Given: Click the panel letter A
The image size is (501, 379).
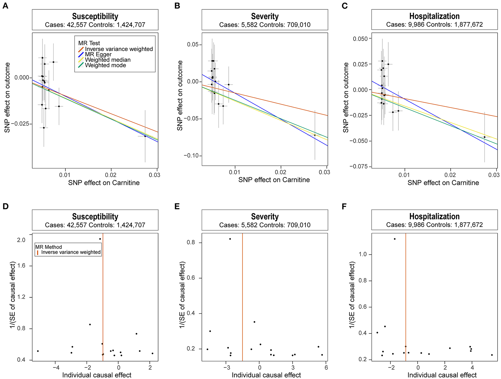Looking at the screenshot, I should pyautogui.click(x=5, y=6).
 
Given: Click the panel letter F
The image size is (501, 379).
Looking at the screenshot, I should pyautogui.click(x=344, y=206).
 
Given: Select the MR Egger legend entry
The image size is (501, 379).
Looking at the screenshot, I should pyautogui.click(x=98, y=54).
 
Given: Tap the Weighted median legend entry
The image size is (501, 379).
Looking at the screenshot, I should pyautogui.click(x=107, y=60).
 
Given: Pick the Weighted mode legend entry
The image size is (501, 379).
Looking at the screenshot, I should pyautogui.click(x=105, y=65).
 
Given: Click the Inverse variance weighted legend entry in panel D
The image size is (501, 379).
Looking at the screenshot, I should pyautogui.click(x=71, y=252).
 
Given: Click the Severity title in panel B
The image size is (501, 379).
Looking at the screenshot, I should pyautogui.click(x=265, y=16).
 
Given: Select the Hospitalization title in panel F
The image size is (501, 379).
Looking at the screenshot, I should pyautogui.click(x=434, y=216).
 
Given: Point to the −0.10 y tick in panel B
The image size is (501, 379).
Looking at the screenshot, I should pyautogui.click(x=191, y=156).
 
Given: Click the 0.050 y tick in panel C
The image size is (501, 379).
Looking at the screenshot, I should pyautogui.click(x=360, y=39).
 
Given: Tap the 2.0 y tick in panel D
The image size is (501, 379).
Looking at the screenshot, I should pyautogui.click(x=21, y=240).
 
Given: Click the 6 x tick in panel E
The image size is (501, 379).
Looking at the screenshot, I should pyautogui.click(x=326, y=368).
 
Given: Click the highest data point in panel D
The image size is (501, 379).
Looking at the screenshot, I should pyautogui.click(x=100, y=239).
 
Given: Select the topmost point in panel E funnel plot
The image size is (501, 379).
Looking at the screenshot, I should pyautogui.click(x=230, y=239).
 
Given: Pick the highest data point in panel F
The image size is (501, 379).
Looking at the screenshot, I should pyautogui.click(x=395, y=239).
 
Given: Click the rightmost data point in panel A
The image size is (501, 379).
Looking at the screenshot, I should pyautogui.click(x=145, y=136).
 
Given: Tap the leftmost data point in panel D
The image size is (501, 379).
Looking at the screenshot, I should pyautogui.click(x=38, y=351).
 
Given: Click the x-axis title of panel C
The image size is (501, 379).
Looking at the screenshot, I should pyautogui.click(x=443, y=183).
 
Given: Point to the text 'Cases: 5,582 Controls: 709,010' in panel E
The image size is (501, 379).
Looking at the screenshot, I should pyautogui.click(x=265, y=225).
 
